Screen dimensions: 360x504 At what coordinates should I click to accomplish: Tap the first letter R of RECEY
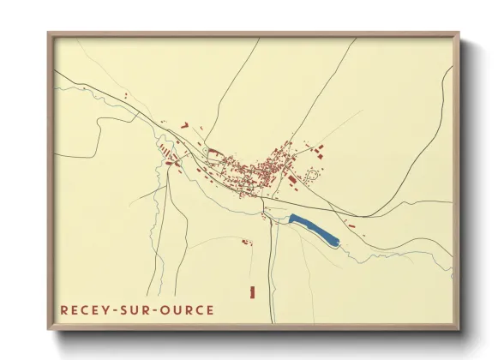tap(64, 309)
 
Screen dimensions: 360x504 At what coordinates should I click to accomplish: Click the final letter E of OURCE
tap(210, 309)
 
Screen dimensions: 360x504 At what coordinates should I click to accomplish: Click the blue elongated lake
tap(315, 227)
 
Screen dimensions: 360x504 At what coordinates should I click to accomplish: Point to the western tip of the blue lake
tap(291, 219)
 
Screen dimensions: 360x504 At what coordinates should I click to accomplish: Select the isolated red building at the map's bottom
tap(252, 292)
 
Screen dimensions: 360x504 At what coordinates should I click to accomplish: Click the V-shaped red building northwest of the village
tap(183, 125)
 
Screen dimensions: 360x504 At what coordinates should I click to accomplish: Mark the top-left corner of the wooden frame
tap(49, 33)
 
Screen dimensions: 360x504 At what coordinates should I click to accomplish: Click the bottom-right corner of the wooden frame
tap(459, 328)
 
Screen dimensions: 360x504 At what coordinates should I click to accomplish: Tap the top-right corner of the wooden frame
tap(459, 33)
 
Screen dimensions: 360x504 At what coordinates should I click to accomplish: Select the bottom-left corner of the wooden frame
tap(49, 328)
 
